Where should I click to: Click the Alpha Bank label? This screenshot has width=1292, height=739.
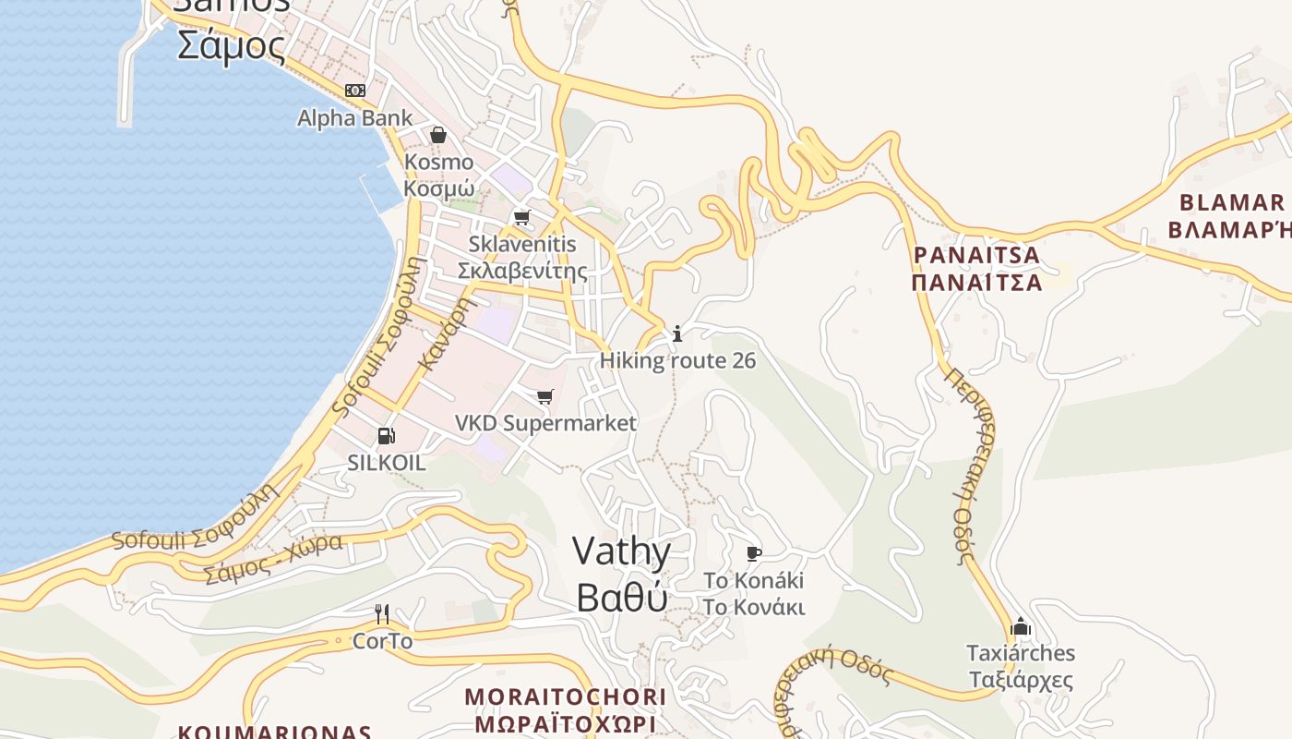click(355, 118)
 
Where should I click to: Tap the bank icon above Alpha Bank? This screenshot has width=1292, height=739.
click(355, 90)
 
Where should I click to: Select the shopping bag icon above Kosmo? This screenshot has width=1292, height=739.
click(437, 136)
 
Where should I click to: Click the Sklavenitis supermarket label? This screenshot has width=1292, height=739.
click(522, 258)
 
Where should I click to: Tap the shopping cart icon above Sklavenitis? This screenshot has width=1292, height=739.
click(522, 218)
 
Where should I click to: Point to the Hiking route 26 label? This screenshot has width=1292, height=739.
click(677, 360)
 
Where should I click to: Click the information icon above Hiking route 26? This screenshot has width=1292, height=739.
click(677, 333)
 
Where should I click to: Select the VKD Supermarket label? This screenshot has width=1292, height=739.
click(545, 423)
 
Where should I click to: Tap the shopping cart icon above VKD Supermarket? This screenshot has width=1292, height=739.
click(545, 397)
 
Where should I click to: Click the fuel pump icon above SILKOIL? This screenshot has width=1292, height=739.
click(386, 436)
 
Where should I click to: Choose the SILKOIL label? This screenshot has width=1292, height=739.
click(386, 463)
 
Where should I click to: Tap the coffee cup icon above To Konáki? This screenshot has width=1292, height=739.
click(754, 554)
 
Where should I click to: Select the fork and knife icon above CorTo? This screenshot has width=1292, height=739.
click(382, 613)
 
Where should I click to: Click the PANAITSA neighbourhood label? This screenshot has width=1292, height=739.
click(976, 268)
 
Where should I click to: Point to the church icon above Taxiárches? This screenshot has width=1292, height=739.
click(1020, 626)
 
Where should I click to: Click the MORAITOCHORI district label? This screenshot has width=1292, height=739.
click(565, 709)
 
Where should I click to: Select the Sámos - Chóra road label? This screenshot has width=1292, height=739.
click(273, 557)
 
